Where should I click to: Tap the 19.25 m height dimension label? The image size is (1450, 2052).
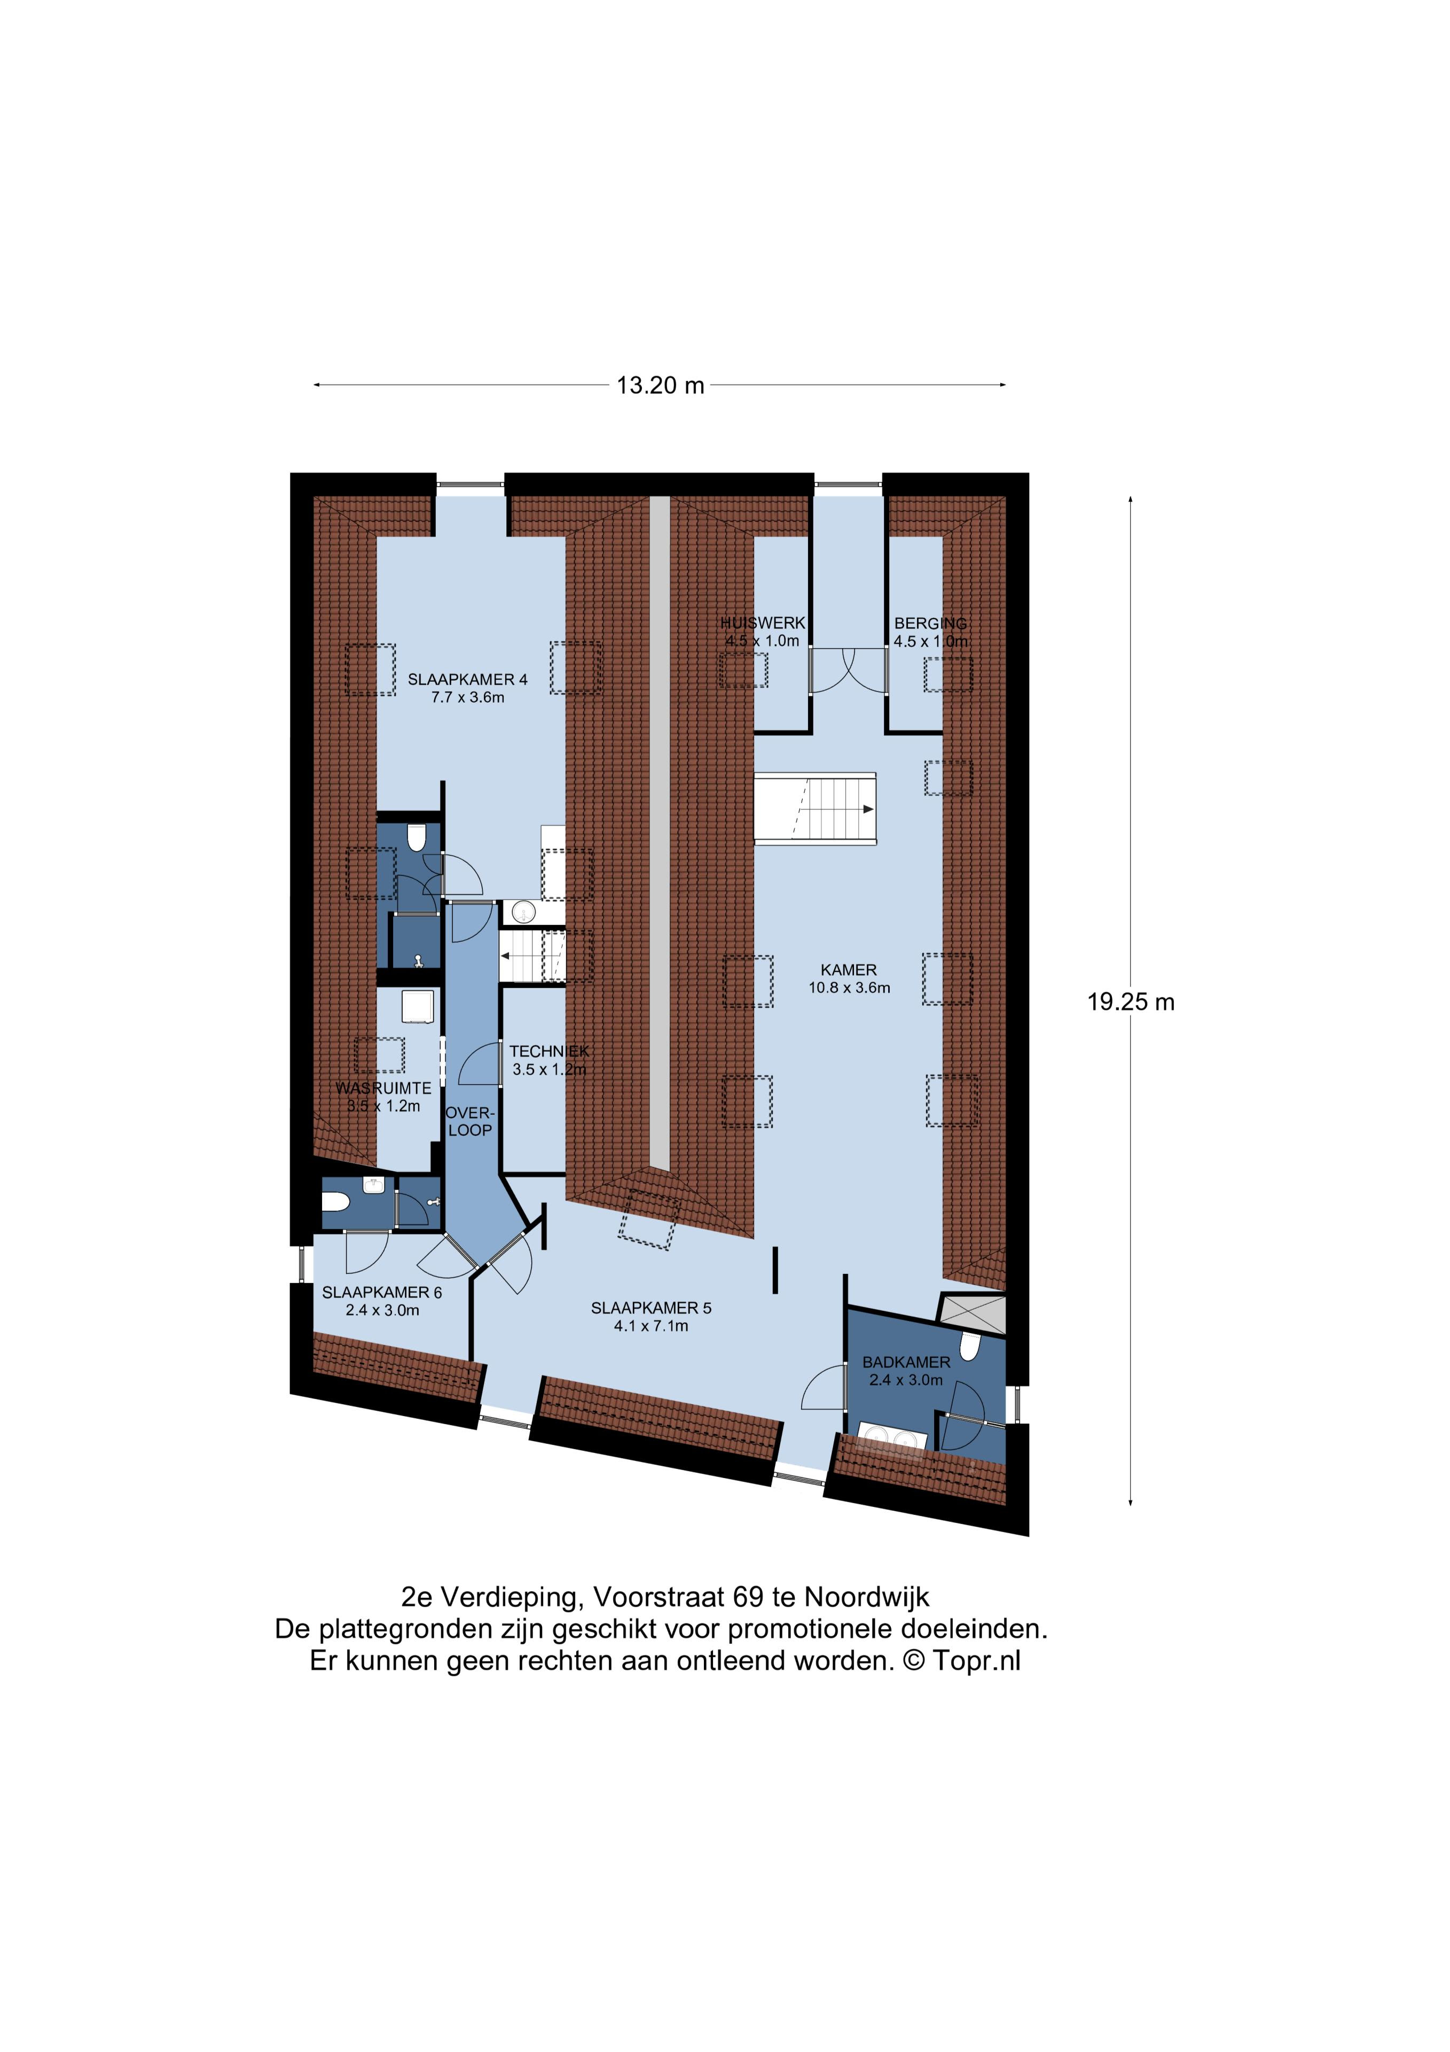tap(1130, 1002)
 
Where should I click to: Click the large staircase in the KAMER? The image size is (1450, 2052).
tap(816, 809)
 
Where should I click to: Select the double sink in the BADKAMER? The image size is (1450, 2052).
tap(891, 1438)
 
